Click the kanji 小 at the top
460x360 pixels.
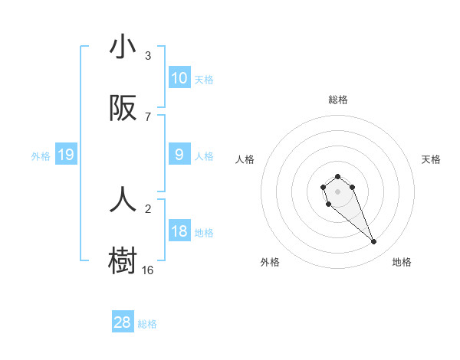point(123,47)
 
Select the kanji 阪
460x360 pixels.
point(123,110)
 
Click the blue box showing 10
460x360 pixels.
point(179,78)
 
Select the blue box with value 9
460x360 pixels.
point(179,155)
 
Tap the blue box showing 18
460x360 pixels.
point(179,232)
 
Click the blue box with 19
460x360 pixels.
point(66,155)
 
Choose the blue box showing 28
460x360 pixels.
point(123,322)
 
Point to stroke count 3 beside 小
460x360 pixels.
point(148,56)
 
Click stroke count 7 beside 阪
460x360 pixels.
point(148,117)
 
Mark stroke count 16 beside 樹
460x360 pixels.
point(148,270)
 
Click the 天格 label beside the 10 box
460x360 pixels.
point(204,79)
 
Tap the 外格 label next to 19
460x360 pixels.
point(41,156)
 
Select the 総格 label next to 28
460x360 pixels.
point(147,324)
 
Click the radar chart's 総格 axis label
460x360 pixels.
point(338,100)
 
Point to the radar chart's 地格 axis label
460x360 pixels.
point(402,263)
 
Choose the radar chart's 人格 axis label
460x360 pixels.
point(245,159)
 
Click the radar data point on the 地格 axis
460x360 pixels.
point(374,242)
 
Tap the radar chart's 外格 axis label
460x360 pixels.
point(270,263)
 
